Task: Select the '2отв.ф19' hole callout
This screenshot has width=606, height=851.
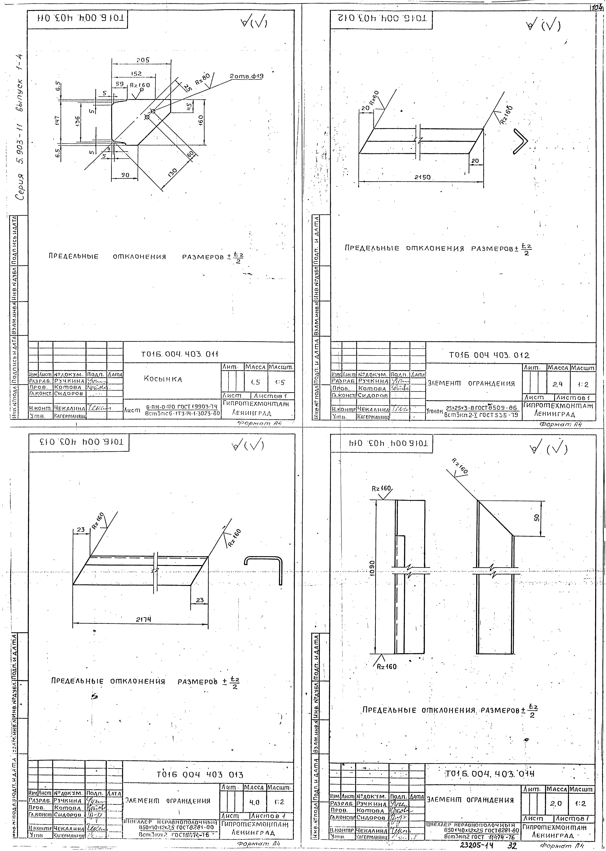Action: [x=246, y=76]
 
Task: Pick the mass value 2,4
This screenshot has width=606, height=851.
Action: [x=557, y=383]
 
